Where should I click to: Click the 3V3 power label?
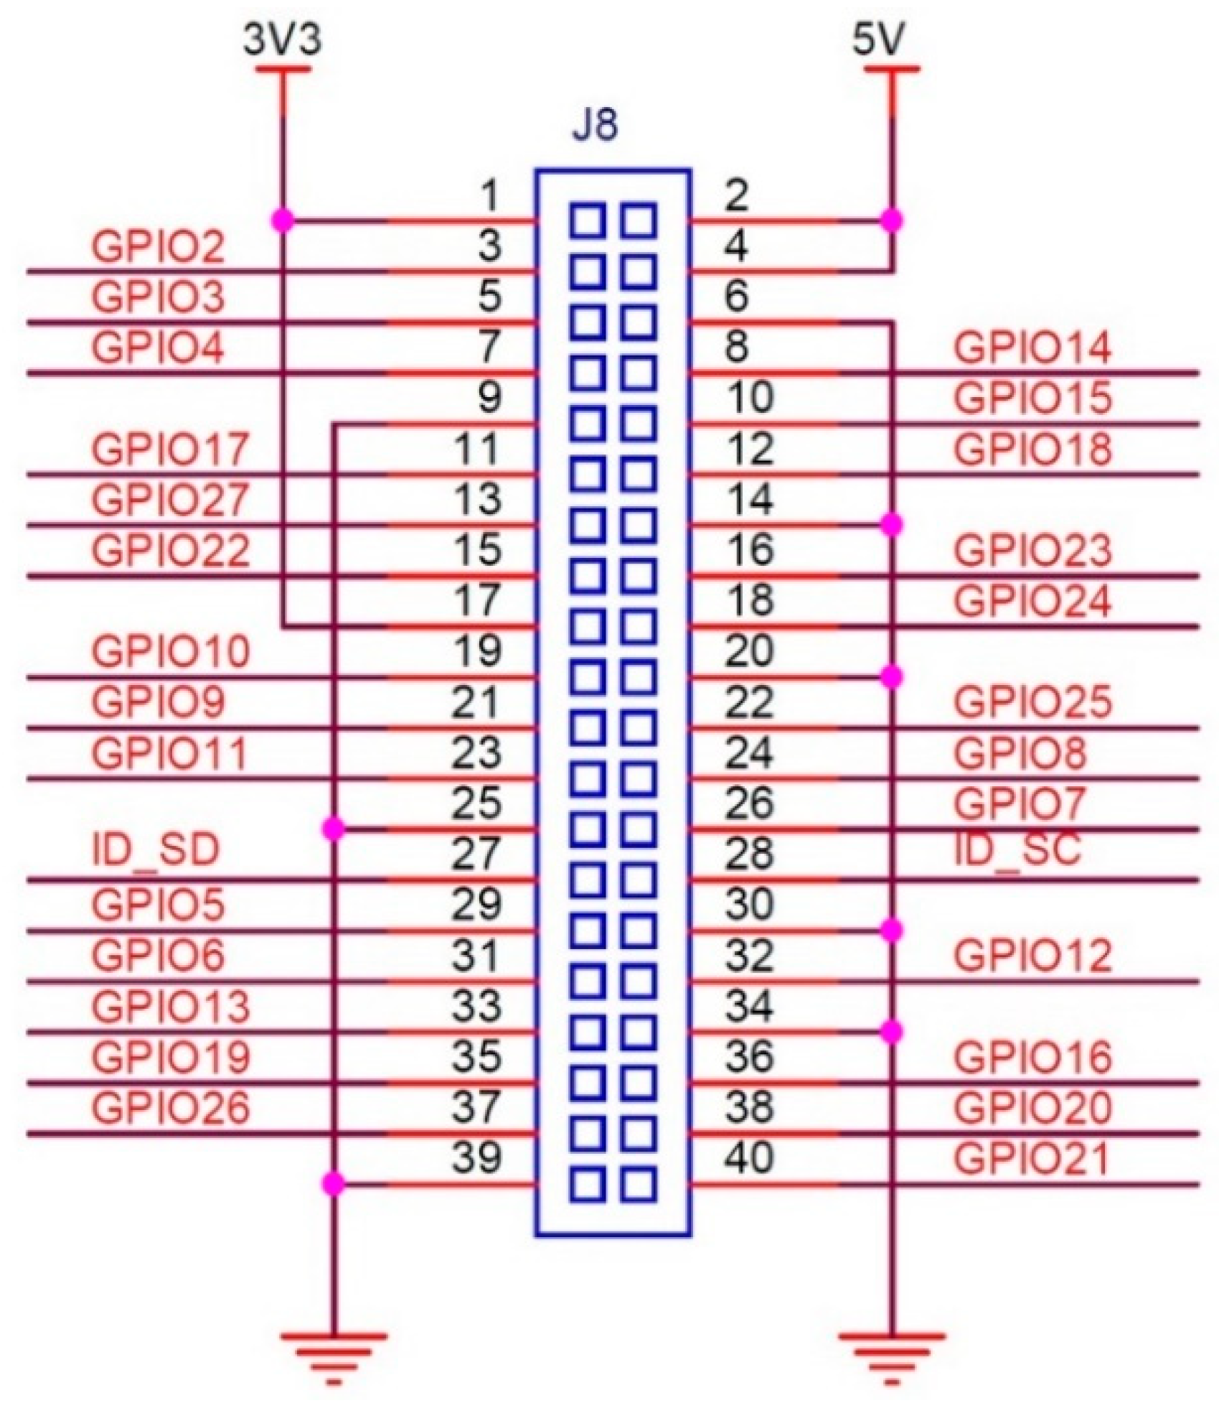point(283,42)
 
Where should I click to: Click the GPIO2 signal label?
point(158,248)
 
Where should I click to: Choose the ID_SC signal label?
point(1017,849)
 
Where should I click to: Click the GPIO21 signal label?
point(1032,1157)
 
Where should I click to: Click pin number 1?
point(489,195)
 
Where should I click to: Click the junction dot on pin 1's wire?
point(283,220)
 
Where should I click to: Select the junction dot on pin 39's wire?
point(334,1184)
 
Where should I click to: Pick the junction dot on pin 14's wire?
point(891,526)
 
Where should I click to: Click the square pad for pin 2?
point(638,220)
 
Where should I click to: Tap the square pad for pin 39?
point(588,1184)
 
